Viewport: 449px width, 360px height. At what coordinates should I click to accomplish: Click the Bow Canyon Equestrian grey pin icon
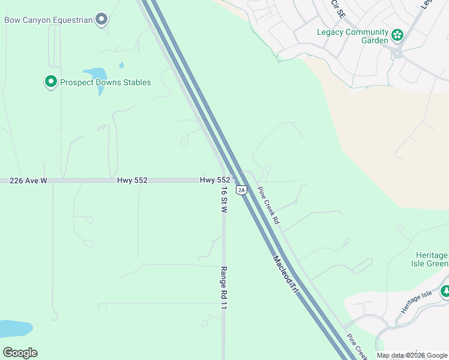pyautogui.click(x=102, y=19)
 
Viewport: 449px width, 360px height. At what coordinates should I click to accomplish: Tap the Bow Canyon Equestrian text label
pyautogui.click(x=49, y=20)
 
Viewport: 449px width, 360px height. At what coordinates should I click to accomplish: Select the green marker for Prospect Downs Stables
pyautogui.click(x=51, y=82)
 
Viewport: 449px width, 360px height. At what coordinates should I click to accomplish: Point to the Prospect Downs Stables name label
pyautogui.click(x=105, y=82)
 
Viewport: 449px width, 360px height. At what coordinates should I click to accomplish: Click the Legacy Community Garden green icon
pyautogui.click(x=397, y=35)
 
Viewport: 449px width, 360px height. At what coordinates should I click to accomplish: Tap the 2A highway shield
pyautogui.click(x=241, y=190)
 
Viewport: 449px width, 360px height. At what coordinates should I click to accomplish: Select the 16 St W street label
pyautogui.click(x=223, y=200)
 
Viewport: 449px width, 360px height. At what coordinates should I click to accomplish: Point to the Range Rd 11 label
pyautogui.click(x=223, y=288)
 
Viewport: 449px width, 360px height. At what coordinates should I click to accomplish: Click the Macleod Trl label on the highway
pyautogui.click(x=286, y=275)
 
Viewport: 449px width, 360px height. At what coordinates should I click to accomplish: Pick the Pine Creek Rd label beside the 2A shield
pyautogui.click(x=268, y=205)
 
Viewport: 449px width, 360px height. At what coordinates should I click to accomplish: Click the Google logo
pyautogui.click(x=20, y=353)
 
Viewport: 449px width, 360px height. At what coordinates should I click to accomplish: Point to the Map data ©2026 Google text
pyautogui.click(x=412, y=355)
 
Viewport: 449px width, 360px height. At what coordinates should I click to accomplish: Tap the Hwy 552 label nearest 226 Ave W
pyautogui.click(x=132, y=180)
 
